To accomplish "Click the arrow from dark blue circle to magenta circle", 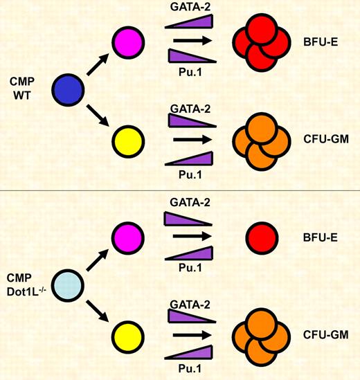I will [x=96, y=64].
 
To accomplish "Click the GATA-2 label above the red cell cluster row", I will [x=187, y=6].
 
